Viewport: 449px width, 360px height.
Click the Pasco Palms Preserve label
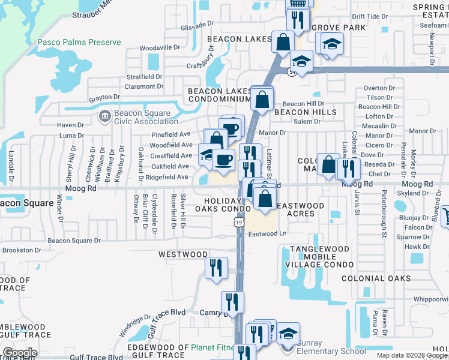[79, 43]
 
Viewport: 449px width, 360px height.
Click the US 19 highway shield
[240, 222]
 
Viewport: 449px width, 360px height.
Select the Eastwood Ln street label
[267, 234]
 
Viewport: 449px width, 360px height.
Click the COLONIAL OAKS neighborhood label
[376, 278]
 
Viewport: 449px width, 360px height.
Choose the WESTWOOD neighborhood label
[182, 254]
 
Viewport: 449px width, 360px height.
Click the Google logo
[20, 353]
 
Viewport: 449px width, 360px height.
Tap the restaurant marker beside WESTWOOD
[216, 268]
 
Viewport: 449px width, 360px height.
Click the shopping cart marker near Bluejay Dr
[445, 215]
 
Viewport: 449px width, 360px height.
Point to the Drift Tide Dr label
[367, 17]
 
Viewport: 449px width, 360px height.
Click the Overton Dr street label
[379, 88]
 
